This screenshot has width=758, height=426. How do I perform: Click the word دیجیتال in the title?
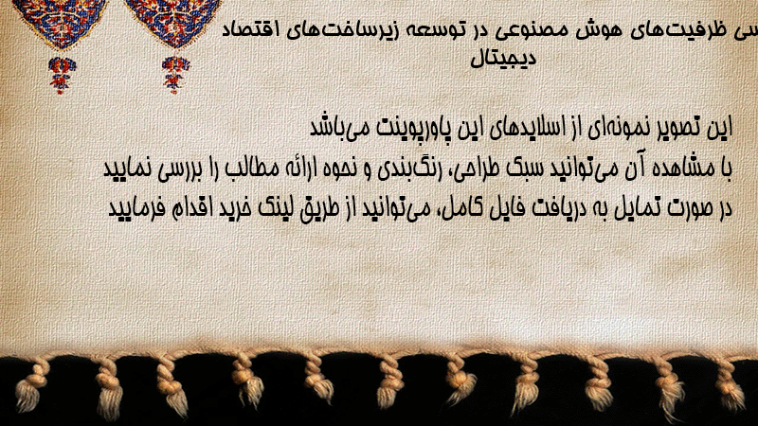pyautogui.click(x=504, y=59)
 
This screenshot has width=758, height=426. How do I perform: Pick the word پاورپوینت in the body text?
pyautogui.click(x=413, y=129)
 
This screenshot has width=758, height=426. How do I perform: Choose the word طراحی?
pyautogui.click(x=478, y=169)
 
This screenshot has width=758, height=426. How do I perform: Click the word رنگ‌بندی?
pyautogui.click(x=406, y=169)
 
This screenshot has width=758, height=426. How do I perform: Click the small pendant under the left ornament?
pyautogui.click(x=61, y=76)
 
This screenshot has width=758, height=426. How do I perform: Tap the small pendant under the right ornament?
pyautogui.click(x=175, y=75)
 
